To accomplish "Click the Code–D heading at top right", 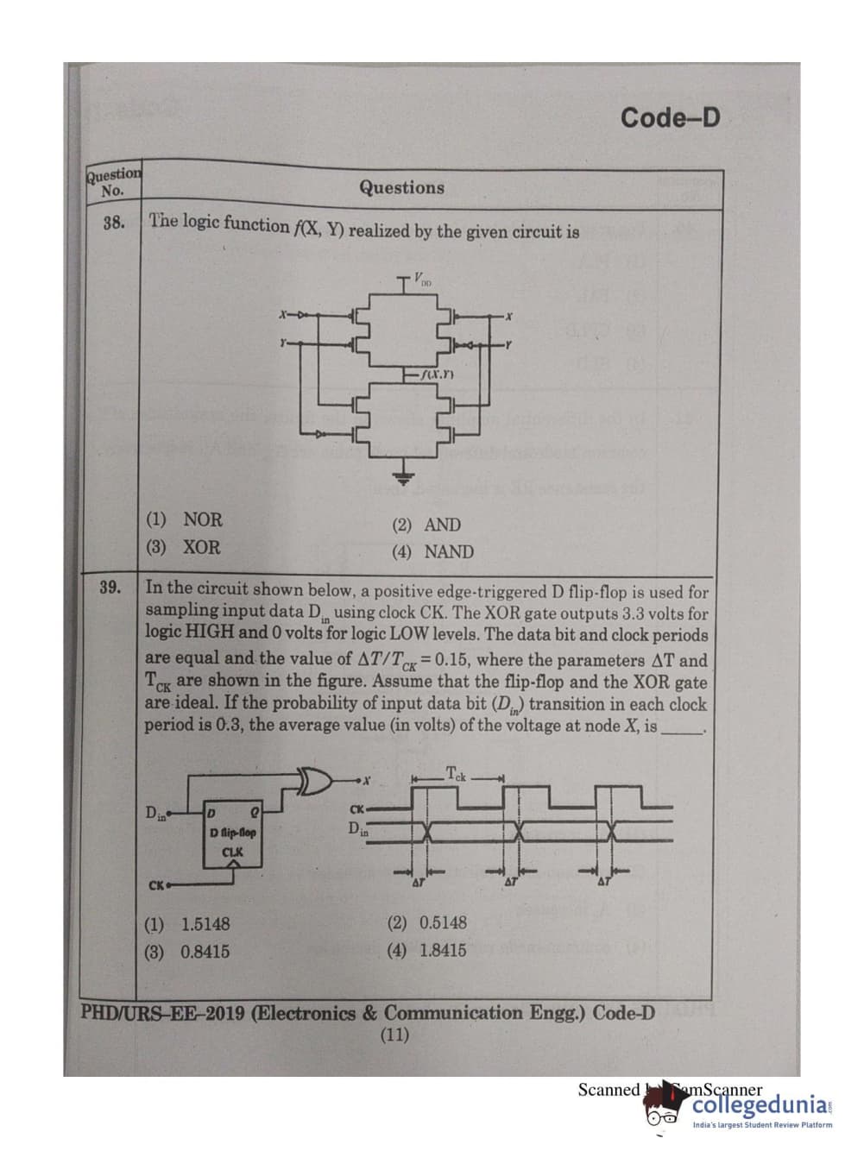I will (x=669, y=117).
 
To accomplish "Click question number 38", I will (x=113, y=223).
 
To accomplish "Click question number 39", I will (x=110, y=588).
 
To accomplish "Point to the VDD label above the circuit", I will (x=421, y=279).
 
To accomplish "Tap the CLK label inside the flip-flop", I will (x=232, y=852).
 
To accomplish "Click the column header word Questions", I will (x=401, y=187).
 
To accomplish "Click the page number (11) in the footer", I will (x=394, y=1035).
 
